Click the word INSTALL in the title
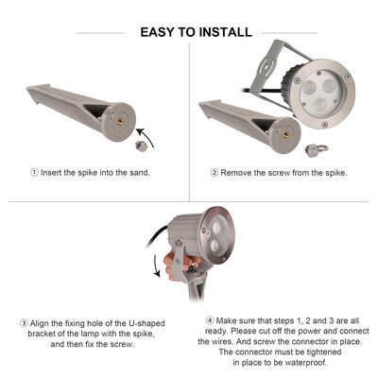tap(225, 32)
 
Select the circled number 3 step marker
tap(24, 322)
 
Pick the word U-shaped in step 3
tap(147, 322)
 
